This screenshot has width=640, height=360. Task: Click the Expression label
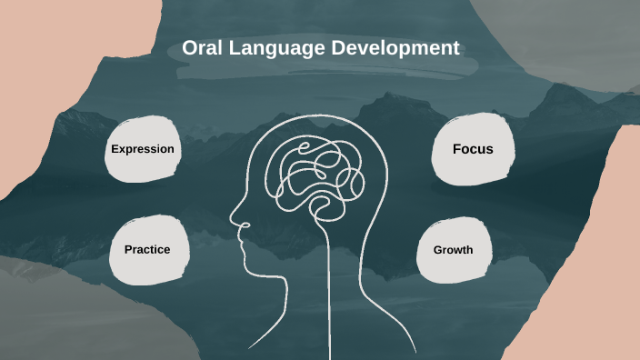[x=142, y=148]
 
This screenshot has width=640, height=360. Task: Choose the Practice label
[x=147, y=249]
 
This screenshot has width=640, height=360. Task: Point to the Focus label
[x=473, y=148]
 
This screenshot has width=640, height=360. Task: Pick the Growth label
[x=453, y=249]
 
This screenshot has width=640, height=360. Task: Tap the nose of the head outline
[x=234, y=219]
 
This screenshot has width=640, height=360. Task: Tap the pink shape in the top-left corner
[x=36, y=73]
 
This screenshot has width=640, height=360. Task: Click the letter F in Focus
[x=457, y=148]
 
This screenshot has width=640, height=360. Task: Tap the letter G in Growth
[x=437, y=249]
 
